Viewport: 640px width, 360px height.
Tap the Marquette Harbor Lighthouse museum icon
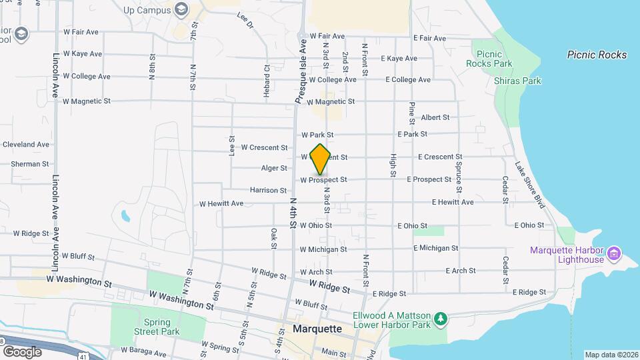pos(615,254)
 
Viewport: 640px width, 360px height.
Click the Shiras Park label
pos(518,81)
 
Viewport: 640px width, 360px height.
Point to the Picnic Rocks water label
pos(597,55)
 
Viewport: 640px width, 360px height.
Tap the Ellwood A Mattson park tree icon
pos(440,320)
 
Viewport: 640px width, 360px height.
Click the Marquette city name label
pos(317,329)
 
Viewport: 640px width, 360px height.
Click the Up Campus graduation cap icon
pos(180,9)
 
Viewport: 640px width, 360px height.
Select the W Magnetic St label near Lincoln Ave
pos(86,101)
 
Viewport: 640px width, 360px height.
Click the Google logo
pos(22,351)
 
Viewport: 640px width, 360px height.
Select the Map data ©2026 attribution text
pos(611,355)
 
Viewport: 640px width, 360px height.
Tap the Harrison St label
pos(268,191)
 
